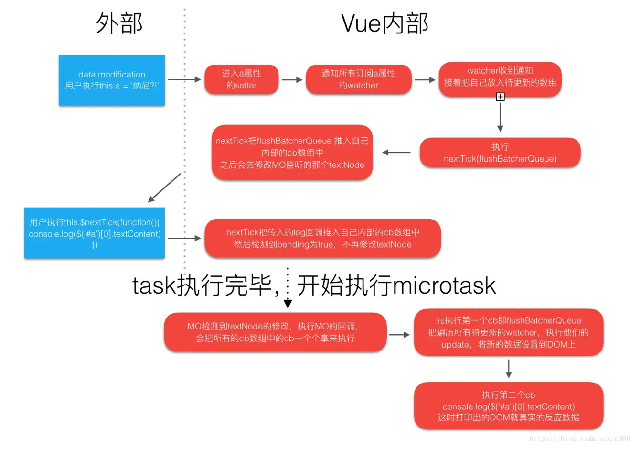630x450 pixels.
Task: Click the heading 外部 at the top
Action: tap(119, 23)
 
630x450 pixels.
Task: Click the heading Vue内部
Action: tap(384, 23)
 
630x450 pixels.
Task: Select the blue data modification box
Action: tap(112, 80)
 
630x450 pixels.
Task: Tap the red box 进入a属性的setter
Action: tap(241, 79)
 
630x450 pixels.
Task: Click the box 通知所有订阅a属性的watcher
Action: tap(358, 79)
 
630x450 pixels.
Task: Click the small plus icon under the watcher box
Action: tap(500, 97)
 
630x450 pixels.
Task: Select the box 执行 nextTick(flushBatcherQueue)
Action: tap(500, 153)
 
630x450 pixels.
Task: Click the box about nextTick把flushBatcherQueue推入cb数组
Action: tap(292, 153)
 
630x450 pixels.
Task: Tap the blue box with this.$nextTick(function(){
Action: tap(95, 233)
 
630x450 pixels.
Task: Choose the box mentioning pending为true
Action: tap(322, 238)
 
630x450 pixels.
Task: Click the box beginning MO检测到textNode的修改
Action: tap(275, 332)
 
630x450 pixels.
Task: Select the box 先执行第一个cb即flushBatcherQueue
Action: tap(508, 332)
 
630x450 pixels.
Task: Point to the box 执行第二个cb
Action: tap(508, 406)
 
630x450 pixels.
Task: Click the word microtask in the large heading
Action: tap(444, 285)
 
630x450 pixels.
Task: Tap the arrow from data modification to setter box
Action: tap(184, 79)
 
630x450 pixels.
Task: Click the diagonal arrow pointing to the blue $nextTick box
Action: tap(164, 187)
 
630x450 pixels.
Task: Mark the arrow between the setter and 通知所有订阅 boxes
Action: tap(292, 80)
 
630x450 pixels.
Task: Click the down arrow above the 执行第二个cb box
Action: tap(509, 369)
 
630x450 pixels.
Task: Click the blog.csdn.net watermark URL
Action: tap(579, 439)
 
